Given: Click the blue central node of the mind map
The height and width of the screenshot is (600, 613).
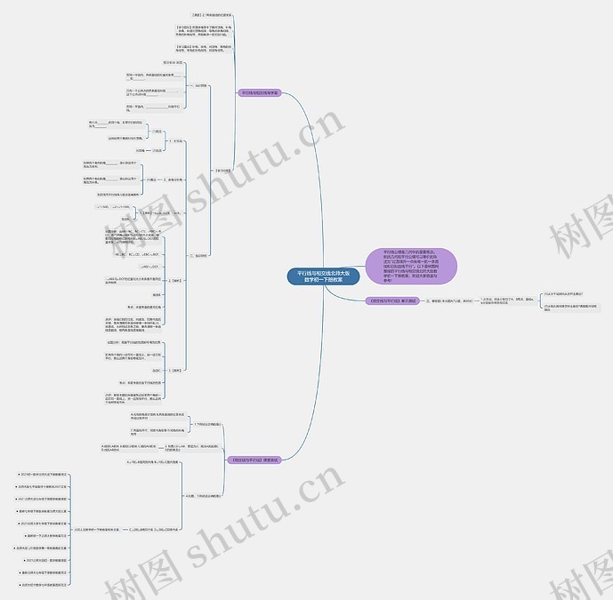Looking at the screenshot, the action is pos(323,276).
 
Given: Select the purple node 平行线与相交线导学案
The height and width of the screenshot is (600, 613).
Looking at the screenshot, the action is pos(259,92).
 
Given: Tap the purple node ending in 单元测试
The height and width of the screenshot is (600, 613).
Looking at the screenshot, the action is pos(392,301).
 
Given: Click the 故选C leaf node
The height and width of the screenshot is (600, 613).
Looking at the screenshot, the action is pos(156,370).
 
